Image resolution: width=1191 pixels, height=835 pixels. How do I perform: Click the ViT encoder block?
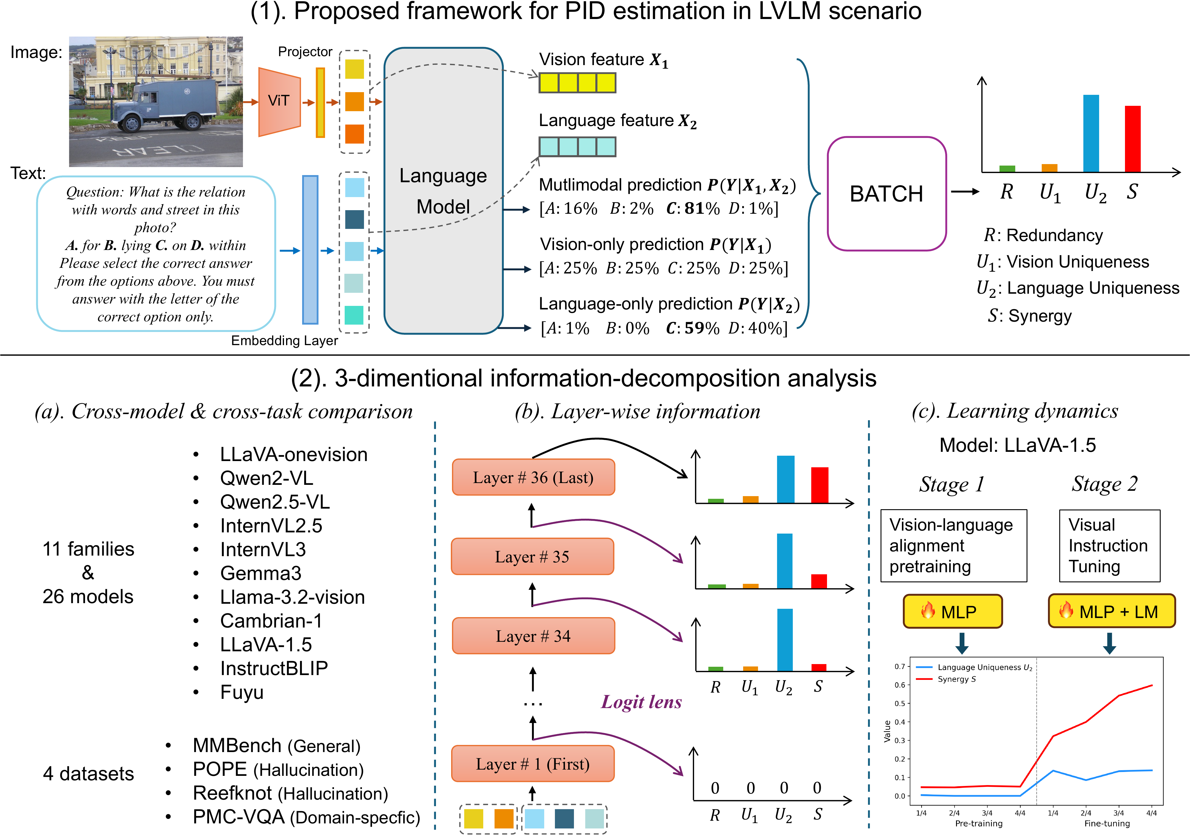click(279, 102)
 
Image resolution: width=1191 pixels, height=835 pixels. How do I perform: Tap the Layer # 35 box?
click(532, 556)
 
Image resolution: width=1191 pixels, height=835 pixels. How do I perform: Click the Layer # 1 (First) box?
click(532, 763)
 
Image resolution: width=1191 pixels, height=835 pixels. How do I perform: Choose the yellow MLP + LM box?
click(1111, 611)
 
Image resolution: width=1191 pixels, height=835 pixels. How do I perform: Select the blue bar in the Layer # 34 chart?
click(785, 639)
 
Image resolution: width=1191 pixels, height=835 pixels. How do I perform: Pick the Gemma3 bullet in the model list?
click(261, 573)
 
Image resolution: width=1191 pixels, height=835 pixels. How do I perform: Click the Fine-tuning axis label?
click(1107, 823)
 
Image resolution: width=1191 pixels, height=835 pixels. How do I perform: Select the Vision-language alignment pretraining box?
click(953, 545)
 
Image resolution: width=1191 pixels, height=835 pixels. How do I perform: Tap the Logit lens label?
click(641, 702)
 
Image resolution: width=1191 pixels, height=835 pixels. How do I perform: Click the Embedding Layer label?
click(284, 341)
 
